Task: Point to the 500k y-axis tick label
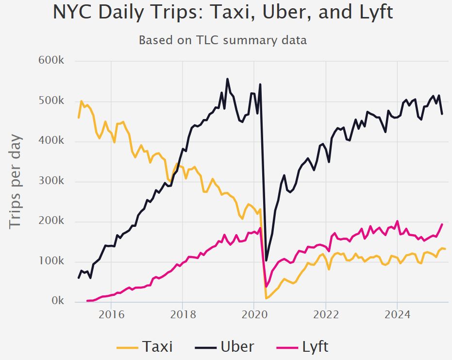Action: click(50, 101)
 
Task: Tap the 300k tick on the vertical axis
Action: click(50, 181)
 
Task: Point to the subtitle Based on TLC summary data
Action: click(223, 40)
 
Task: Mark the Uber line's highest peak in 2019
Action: click(228, 79)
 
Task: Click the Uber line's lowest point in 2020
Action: click(266, 260)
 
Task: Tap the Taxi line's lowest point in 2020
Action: click(266, 298)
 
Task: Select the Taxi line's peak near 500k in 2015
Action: click(82, 101)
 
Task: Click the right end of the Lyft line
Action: click(442, 224)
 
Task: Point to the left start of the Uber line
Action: click(79, 277)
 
